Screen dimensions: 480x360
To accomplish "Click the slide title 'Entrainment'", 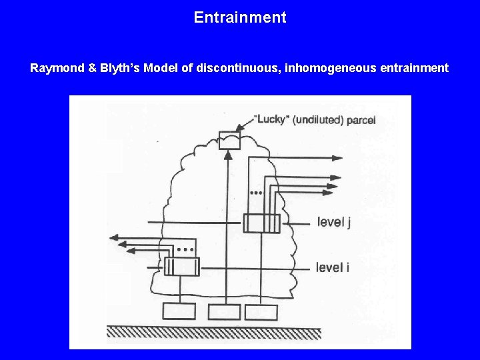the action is point(240,17).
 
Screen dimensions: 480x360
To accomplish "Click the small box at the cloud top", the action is point(228,139).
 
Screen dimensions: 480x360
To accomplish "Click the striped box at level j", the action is point(261,223).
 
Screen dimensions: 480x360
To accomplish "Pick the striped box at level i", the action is point(181,267).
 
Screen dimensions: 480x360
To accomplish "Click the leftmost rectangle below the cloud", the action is point(179,311).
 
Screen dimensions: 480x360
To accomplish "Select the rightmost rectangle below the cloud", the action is point(261,311).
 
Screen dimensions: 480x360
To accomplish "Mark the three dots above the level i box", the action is point(187,249).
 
